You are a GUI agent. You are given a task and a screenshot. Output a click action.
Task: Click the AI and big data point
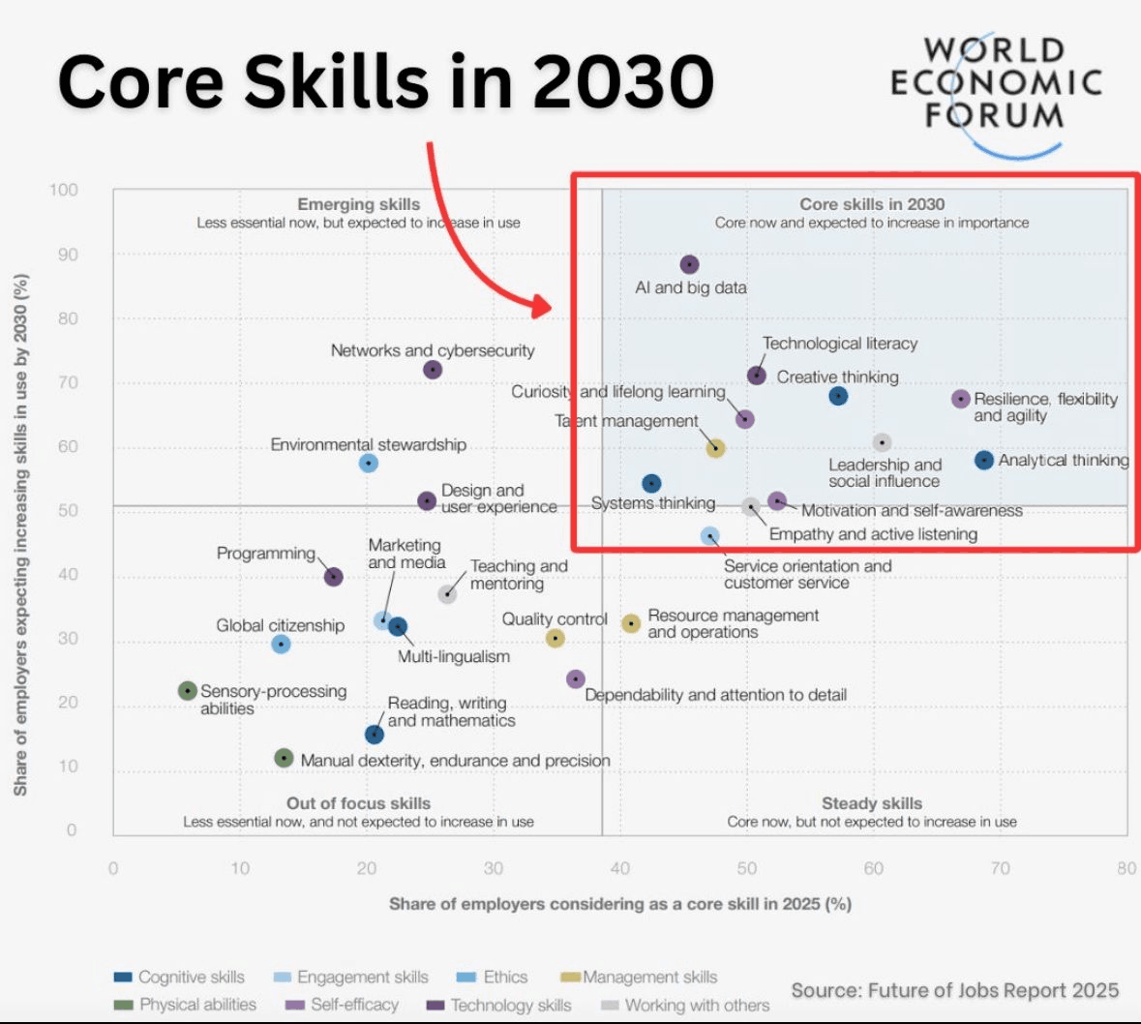point(689,264)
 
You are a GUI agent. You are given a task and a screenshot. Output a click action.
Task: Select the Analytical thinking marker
point(984,461)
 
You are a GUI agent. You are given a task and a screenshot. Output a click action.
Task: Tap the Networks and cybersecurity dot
point(433,370)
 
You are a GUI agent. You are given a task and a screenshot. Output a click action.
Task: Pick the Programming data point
point(334,577)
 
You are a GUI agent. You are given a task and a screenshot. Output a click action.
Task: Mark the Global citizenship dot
point(281,644)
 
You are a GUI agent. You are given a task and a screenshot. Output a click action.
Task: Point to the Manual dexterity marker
point(284,758)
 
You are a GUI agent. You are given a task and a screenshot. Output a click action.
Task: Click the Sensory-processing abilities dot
point(188,691)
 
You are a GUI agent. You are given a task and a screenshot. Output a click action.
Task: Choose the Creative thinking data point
point(839,396)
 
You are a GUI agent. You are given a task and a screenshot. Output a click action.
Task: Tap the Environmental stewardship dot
point(368,464)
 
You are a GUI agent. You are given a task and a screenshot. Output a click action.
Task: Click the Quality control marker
point(555,638)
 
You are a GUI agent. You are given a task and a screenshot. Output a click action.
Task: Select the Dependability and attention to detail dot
point(576,679)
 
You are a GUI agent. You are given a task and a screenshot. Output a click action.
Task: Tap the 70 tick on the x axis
point(1000,868)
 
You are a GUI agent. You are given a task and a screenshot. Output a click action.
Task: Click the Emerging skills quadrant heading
point(359,204)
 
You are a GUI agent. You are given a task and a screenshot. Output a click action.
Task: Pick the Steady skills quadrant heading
point(872,803)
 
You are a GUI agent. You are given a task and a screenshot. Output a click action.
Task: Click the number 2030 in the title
point(623,81)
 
